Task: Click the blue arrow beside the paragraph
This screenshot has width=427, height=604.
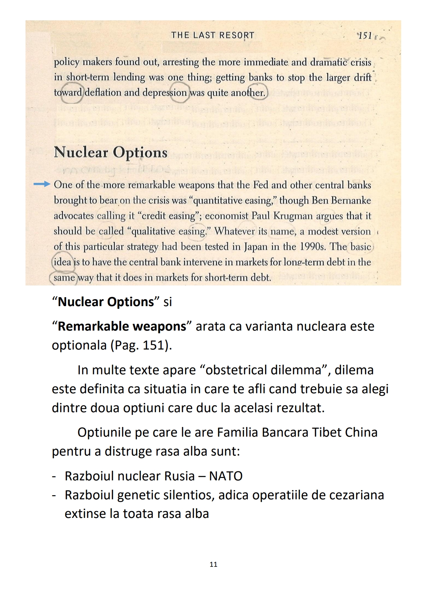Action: click(42, 185)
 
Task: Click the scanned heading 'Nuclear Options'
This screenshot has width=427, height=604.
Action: click(111, 152)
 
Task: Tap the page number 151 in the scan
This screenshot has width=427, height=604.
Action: click(365, 35)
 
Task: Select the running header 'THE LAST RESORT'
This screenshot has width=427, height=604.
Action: click(212, 35)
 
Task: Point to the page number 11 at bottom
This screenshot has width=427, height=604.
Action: click(213, 564)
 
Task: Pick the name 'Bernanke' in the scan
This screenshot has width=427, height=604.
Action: click(351, 200)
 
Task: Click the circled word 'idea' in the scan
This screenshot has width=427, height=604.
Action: click(62, 262)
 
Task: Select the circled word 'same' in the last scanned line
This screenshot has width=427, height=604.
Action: click(64, 278)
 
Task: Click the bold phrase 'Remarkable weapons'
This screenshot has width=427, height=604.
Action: click(122, 326)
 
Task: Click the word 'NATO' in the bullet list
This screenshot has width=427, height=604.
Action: click(226, 476)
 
